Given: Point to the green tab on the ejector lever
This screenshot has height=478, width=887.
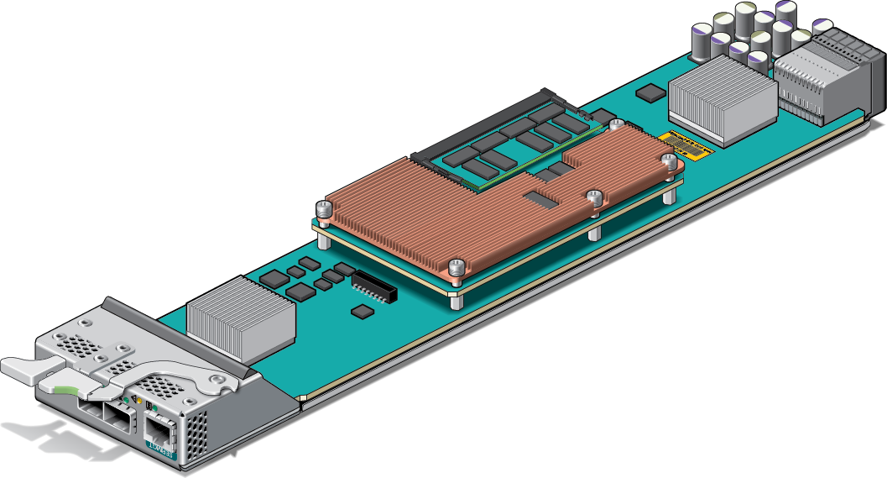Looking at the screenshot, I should click(x=60, y=388).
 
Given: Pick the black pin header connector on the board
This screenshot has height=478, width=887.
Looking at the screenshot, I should click(x=373, y=286).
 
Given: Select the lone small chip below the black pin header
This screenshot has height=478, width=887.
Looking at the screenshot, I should click(x=363, y=312).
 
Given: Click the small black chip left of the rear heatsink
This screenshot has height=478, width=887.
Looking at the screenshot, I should click(x=649, y=92).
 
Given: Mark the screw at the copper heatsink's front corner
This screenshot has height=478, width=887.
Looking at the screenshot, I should click(x=456, y=267).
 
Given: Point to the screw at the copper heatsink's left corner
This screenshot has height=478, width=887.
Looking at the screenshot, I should click(x=323, y=207).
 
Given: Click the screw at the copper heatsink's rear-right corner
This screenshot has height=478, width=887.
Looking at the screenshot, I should click(x=669, y=160).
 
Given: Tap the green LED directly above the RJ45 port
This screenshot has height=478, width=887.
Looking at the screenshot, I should click(x=155, y=409).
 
